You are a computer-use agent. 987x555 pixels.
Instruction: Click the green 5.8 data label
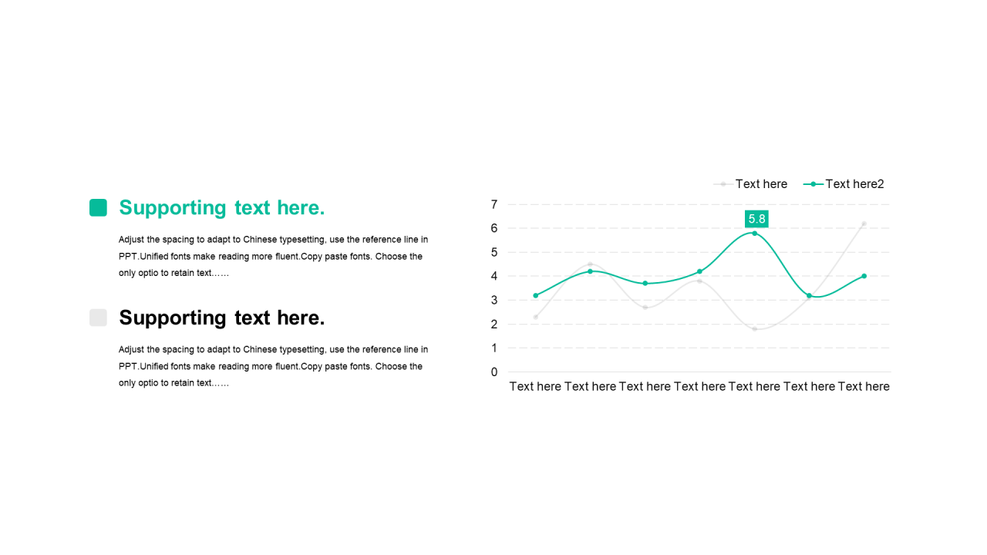[756, 219]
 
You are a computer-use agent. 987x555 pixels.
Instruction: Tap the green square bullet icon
[98, 207]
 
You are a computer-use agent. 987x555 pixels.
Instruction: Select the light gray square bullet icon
[98, 318]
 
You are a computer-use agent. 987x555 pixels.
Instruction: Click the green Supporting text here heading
[221, 208]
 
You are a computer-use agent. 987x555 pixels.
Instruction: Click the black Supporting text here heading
[221, 318]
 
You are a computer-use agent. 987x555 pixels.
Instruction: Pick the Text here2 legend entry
[844, 184]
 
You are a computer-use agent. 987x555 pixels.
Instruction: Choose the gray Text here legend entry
[750, 184]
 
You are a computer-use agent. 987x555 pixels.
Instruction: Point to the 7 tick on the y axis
[494, 204]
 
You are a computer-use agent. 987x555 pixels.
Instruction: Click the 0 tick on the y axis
[494, 372]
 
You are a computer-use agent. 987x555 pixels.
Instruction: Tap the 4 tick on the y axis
[494, 276]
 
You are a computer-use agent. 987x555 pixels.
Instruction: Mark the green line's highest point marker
[754, 234]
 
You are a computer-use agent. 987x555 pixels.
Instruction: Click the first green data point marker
[535, 295]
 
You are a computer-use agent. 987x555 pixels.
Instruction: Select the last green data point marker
[864, 276]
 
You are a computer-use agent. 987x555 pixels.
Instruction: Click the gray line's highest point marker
[864, 224]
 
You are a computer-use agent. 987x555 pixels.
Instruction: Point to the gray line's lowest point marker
[754, 329]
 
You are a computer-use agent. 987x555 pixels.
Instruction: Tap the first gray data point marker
[535, 317]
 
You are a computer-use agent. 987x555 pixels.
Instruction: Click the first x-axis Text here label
[535, 387]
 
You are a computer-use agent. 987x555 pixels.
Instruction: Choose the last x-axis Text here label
[864, 387]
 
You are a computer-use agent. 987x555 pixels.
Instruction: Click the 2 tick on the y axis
[494, 325]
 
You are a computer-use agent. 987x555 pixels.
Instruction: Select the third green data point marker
[645, 283]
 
